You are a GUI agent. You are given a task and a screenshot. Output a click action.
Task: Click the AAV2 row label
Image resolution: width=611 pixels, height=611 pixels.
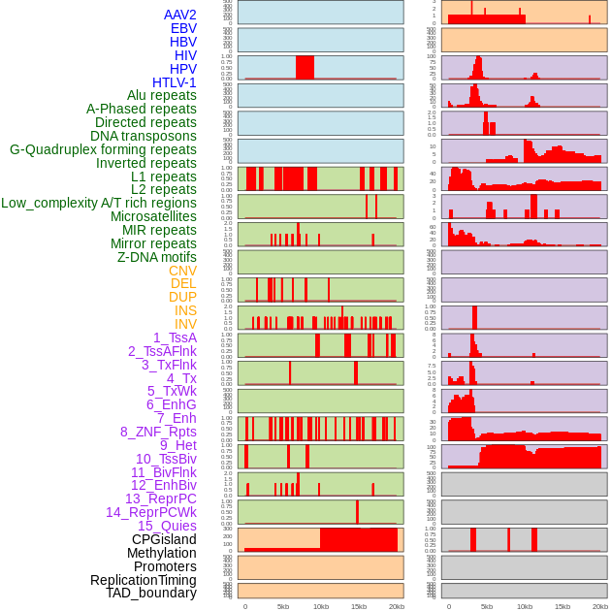(x=179, y=15)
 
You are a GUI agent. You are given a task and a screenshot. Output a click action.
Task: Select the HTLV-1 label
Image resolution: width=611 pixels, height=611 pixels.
(x=174, y=82)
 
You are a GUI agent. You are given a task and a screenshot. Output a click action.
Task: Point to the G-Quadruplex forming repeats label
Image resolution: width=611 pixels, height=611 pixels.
(x=103, y=149)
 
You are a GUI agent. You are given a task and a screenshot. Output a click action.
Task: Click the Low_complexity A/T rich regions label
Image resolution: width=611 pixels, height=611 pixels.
(x=98, y=203)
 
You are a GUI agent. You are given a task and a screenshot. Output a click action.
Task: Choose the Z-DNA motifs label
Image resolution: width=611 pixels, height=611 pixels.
(x=156, y=257)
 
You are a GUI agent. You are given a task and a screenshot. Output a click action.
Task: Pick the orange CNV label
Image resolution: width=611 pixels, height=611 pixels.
(x=182, y=271)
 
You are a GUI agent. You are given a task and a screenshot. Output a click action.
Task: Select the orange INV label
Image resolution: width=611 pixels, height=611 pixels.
(x=185, y=324)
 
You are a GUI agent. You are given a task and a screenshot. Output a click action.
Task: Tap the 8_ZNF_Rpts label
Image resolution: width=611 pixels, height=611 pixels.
(x=158, y=432)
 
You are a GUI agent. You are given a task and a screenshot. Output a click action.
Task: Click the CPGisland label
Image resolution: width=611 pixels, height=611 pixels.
(x=164, y=539)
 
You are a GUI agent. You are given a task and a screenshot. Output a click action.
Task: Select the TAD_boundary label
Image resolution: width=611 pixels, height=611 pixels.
(x=150, y=593)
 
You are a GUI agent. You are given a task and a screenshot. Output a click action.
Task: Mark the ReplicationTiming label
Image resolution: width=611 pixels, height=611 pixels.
(x=143, y=580)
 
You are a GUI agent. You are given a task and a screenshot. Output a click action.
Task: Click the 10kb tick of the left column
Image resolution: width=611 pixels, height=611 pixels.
(x=321, y=606)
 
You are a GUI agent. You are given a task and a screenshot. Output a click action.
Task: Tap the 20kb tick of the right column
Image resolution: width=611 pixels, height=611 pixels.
(x=600, y=606)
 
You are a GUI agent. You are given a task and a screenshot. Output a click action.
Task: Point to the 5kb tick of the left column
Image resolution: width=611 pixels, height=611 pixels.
(x=283, y=606)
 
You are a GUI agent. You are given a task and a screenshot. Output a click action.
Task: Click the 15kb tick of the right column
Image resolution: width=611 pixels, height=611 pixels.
(x=563, y=606)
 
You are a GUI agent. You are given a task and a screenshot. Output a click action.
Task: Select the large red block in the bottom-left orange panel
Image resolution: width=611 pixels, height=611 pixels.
(x=359, y=539)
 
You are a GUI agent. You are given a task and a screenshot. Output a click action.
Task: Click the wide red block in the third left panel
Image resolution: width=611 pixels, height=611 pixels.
(x=305, y=67)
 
